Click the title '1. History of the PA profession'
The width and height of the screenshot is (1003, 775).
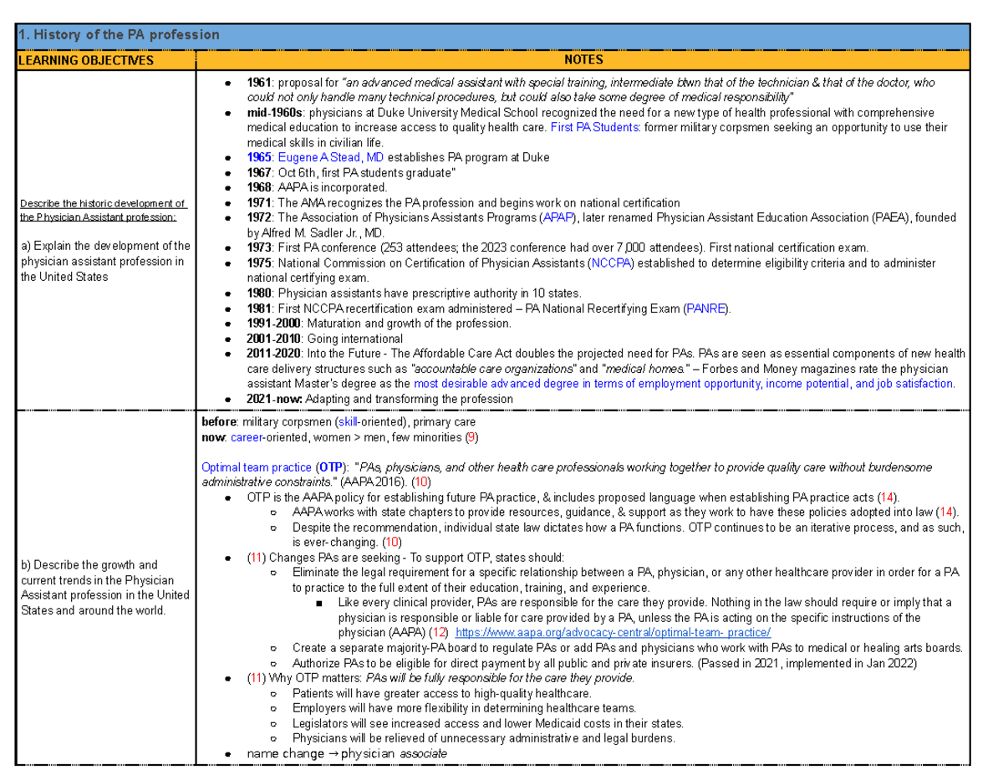[120, 35]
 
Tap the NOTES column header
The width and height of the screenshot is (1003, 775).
[583, 60]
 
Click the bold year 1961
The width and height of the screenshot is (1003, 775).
[260, 83]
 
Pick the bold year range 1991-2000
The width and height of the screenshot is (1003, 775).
[274, 324]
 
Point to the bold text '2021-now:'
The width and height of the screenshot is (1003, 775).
[275, 399]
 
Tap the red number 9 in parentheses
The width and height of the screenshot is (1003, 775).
[472, 437]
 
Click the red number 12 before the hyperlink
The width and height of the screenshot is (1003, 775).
[437, 632]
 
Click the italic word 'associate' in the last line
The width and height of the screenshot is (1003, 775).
[424, 753]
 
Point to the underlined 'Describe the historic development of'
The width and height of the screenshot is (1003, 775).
[103, 203]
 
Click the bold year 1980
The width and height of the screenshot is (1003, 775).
[260, 293]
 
